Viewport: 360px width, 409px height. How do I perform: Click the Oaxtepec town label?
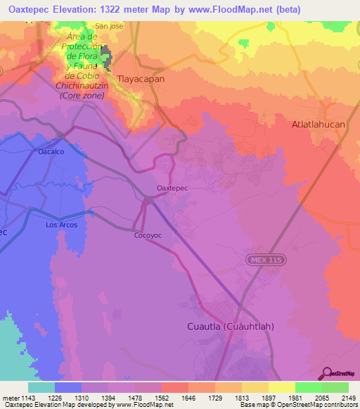pos(172,188)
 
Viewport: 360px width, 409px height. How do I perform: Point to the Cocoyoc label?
pos(148,235)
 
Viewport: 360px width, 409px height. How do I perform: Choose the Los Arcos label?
pos(61,225)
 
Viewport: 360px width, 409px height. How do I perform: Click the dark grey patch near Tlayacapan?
pos(106,59)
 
